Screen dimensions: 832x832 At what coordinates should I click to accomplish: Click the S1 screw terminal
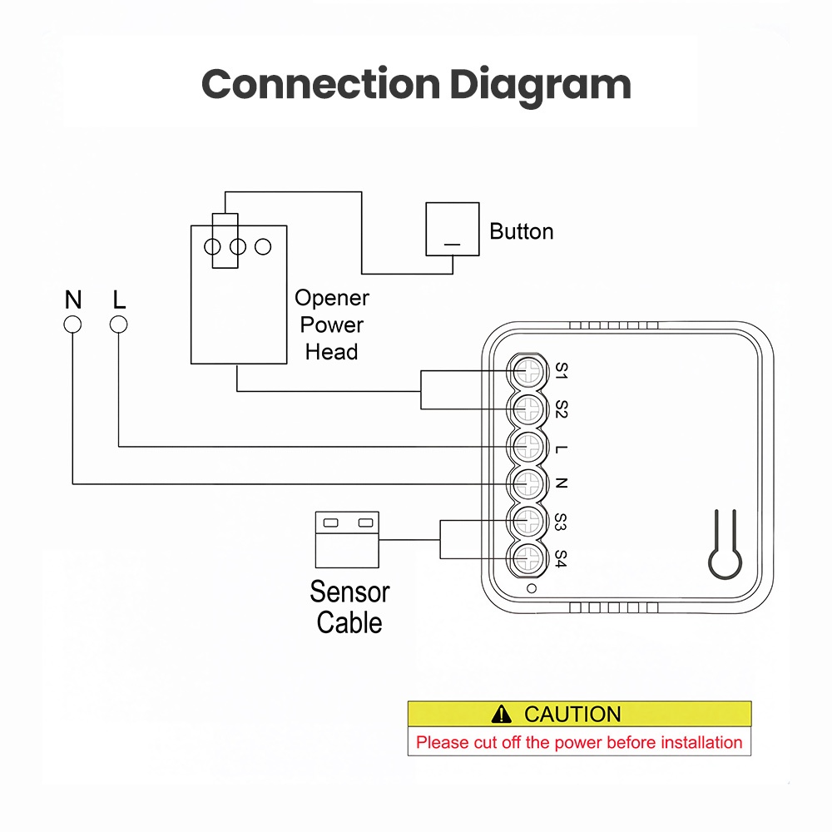coord(528,371)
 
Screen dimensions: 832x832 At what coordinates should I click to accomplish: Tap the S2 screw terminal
coord(528,409)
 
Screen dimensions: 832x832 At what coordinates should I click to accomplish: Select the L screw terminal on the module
coord(528,446)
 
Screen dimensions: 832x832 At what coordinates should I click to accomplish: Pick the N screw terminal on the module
coord(528,483)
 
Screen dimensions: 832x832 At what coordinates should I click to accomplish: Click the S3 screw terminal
coord(528,521)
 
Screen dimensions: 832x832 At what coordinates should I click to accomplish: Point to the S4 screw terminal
coord(528,558)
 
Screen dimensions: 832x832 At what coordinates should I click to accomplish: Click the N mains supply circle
coord(72,324)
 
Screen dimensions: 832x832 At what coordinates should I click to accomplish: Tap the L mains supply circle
coord(118,324)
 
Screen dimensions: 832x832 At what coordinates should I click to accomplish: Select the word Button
coord(521,231)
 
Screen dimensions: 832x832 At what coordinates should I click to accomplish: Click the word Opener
coord(332,298)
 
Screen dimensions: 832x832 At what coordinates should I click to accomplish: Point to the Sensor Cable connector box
coord(347,540)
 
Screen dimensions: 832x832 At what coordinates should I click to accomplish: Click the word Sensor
coord(349,592)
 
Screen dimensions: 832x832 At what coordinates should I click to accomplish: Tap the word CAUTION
coord(572,714)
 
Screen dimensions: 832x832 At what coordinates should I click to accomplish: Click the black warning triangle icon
coord(502,714)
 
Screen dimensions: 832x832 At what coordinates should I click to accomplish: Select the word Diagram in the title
coord(540,86)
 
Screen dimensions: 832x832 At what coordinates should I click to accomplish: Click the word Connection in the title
coord(321,84)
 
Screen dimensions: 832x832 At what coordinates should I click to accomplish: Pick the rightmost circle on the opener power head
coord(263,247)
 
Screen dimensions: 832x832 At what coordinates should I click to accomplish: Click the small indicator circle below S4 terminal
coord(531,588)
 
